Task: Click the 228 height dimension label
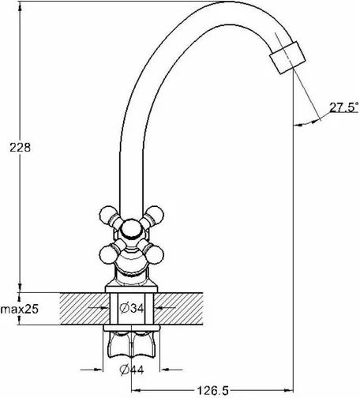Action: tap(21, 148)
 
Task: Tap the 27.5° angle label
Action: tap(344, 107)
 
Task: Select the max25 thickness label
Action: tap(20, 309)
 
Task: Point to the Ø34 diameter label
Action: tap(132, 308)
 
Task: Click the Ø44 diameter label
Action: tap(132, 370)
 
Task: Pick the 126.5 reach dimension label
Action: tap(213, 391)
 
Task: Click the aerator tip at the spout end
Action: tap(287, 58)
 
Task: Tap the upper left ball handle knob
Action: tap(109, 215)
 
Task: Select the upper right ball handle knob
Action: tap(155, 215)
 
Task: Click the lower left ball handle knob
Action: tap(109, 254)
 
